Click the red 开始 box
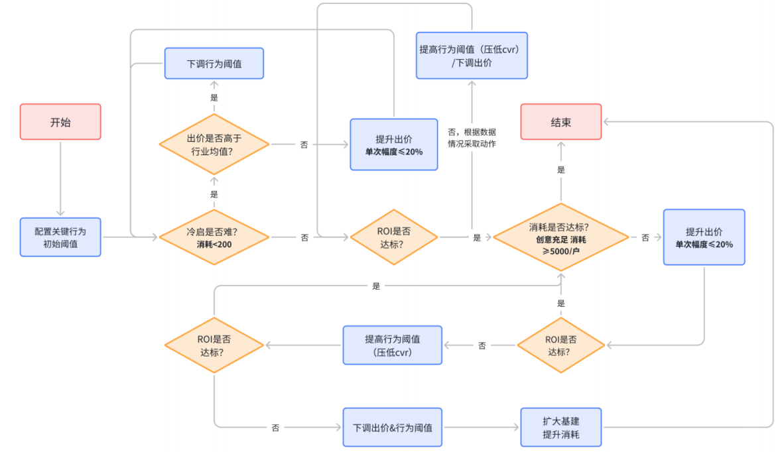(60, 121)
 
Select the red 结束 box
(560, 122)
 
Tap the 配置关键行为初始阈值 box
(60, 237)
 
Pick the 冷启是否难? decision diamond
(214, 237)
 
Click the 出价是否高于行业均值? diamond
(214, 144)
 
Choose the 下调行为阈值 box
(214, 64)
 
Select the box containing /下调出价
(472, 56)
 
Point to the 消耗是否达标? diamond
(560, 237)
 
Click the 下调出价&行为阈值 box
(392, 427)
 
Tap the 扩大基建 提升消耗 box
(560, 427)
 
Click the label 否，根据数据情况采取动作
(472, 138)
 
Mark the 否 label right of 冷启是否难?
(304, 237)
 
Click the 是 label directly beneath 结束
(561, 170)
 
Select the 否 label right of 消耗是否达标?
(645, 237)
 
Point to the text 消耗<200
(214, 245)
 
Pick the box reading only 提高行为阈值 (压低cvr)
(392, 345)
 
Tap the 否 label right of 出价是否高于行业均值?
(304, 144)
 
